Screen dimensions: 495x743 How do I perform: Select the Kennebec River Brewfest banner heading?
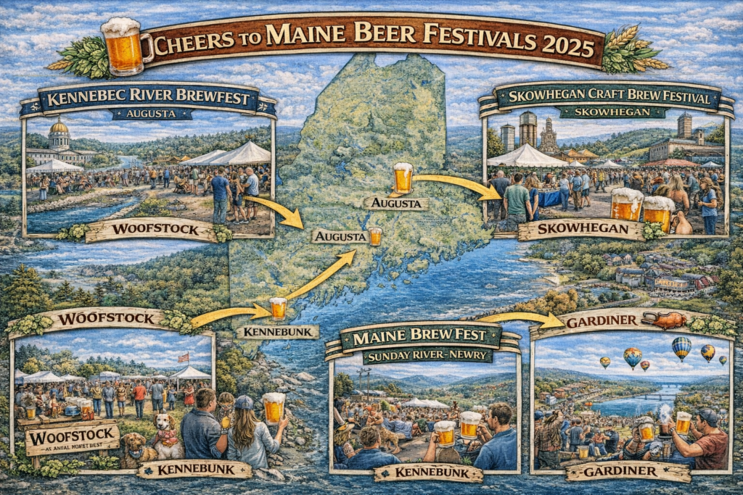coord(148,99)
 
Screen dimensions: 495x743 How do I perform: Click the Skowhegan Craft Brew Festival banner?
coord(608,97)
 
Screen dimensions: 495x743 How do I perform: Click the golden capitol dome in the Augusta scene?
coord(59,128)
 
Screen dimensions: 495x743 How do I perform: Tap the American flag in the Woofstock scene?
coord(183,357)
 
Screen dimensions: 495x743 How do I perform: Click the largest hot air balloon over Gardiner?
coord(681,348)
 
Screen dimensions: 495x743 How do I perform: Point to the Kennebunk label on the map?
coord(277,332)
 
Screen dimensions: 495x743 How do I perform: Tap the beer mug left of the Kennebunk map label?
coord(278,308)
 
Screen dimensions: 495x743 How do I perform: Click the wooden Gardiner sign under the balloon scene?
coord(628,471)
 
